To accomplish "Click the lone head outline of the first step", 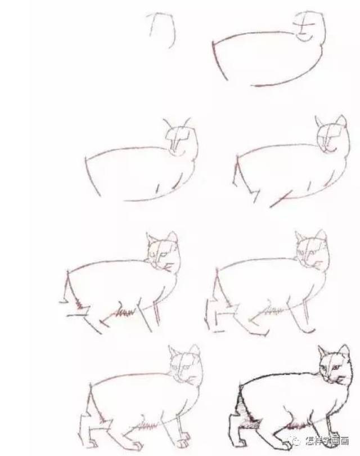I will point(162,29).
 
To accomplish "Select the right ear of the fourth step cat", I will point(341,121).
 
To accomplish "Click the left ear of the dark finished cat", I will point(323,352).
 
